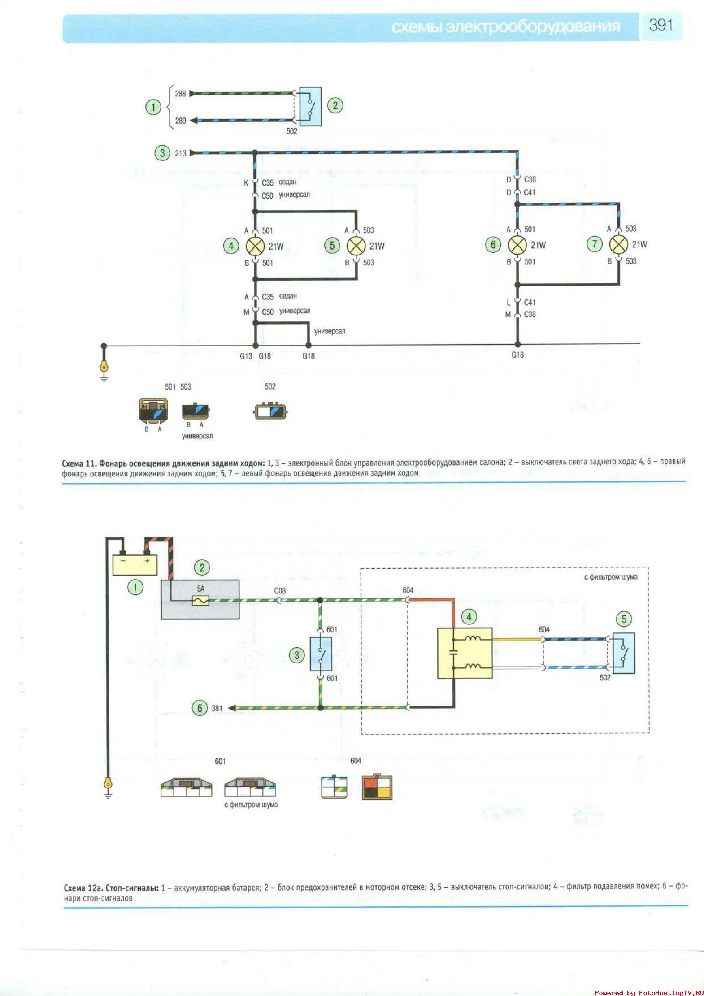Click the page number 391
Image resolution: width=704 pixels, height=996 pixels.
tap(661, 25)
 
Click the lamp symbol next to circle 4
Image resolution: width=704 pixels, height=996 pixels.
tap(255, 246)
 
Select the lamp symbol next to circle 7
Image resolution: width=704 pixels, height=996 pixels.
tap(618, 244)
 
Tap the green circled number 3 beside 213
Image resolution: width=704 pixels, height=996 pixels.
tap(162, 153)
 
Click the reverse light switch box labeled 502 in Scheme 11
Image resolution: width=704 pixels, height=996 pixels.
tap(310, 106)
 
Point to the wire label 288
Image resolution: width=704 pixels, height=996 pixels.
tap(180, 94)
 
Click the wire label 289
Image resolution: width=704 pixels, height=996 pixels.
tap(180, 121)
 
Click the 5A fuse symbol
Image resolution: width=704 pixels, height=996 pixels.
tap(200, 600)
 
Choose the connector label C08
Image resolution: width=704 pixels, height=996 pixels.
tap(280, 591)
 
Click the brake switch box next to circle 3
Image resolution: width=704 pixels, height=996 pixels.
tap(321, 654)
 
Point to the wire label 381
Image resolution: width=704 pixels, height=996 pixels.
tap(217, 708)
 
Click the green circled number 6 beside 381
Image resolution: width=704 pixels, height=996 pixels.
tap(200, 708)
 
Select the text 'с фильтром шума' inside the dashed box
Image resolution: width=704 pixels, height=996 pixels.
tap(610, 577)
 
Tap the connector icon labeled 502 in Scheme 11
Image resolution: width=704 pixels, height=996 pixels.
tap(270, 411)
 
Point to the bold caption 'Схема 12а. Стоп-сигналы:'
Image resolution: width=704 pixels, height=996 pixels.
tap(111, 888)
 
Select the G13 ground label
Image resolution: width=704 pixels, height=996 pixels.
tap(246, 356)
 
